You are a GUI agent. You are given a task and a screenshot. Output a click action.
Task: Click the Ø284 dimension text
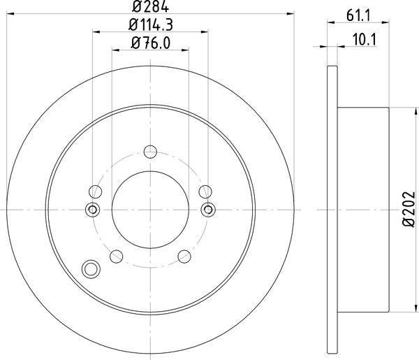(x=150, y=8)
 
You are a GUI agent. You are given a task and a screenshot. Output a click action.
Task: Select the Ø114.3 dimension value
(x=150, y=27)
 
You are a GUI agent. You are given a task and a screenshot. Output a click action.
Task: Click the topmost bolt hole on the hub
(x=149, y=151)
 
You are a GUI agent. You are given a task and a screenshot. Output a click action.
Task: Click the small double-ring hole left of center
(x=91, y=209)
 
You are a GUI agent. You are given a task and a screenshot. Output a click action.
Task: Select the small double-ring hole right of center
(x=208, y=209)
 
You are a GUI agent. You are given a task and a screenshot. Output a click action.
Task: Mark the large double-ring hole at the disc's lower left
(x=90, y=268)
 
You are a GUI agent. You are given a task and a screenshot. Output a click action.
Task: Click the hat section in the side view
(x=363, y=208)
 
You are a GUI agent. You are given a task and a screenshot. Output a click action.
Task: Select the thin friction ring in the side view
(x=332, y=208)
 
